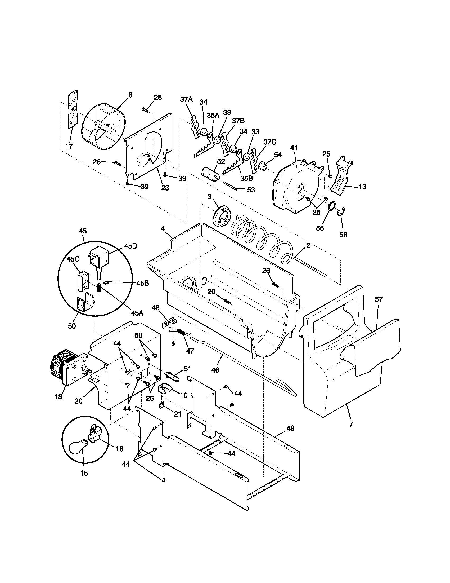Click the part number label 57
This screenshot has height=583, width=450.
point(379,299)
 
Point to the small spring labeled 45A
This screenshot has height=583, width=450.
point(99,288)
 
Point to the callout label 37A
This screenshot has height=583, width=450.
point(186,100)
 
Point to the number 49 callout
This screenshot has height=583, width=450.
point(291,428)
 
